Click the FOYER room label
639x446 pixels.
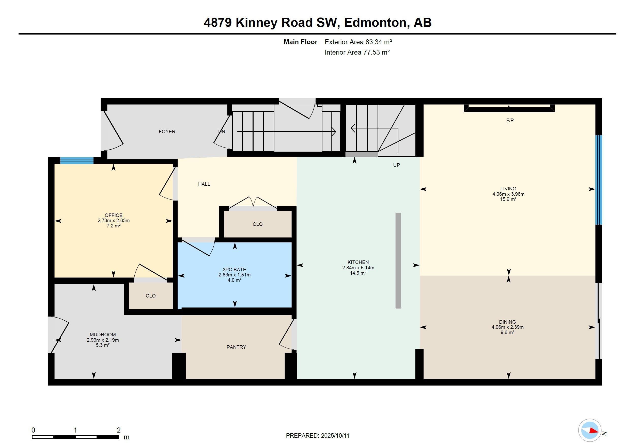[x=167, y=131]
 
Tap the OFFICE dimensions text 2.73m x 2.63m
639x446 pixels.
[x=114, y=221]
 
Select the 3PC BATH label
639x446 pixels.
[x=234, y=269]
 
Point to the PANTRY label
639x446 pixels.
[x=236, y=347]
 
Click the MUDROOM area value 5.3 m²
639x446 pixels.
[x=103, y=345]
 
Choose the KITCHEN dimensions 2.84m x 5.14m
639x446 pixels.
[x=358, y=268]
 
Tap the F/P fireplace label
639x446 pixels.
[x=510, y=120]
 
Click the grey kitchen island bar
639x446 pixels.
[x=398, y=260]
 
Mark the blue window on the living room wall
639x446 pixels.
[x=599, y=180]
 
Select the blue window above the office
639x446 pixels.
[x=77, y=160]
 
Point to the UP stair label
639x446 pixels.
[x=397, y=165]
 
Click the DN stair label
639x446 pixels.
[x=222, y=132]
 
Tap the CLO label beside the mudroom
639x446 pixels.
[x=151, y=296]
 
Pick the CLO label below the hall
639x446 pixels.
[x=258, y=224]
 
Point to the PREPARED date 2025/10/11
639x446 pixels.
[x=335, y=435]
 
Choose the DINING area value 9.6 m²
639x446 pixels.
[x=507, y=332]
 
